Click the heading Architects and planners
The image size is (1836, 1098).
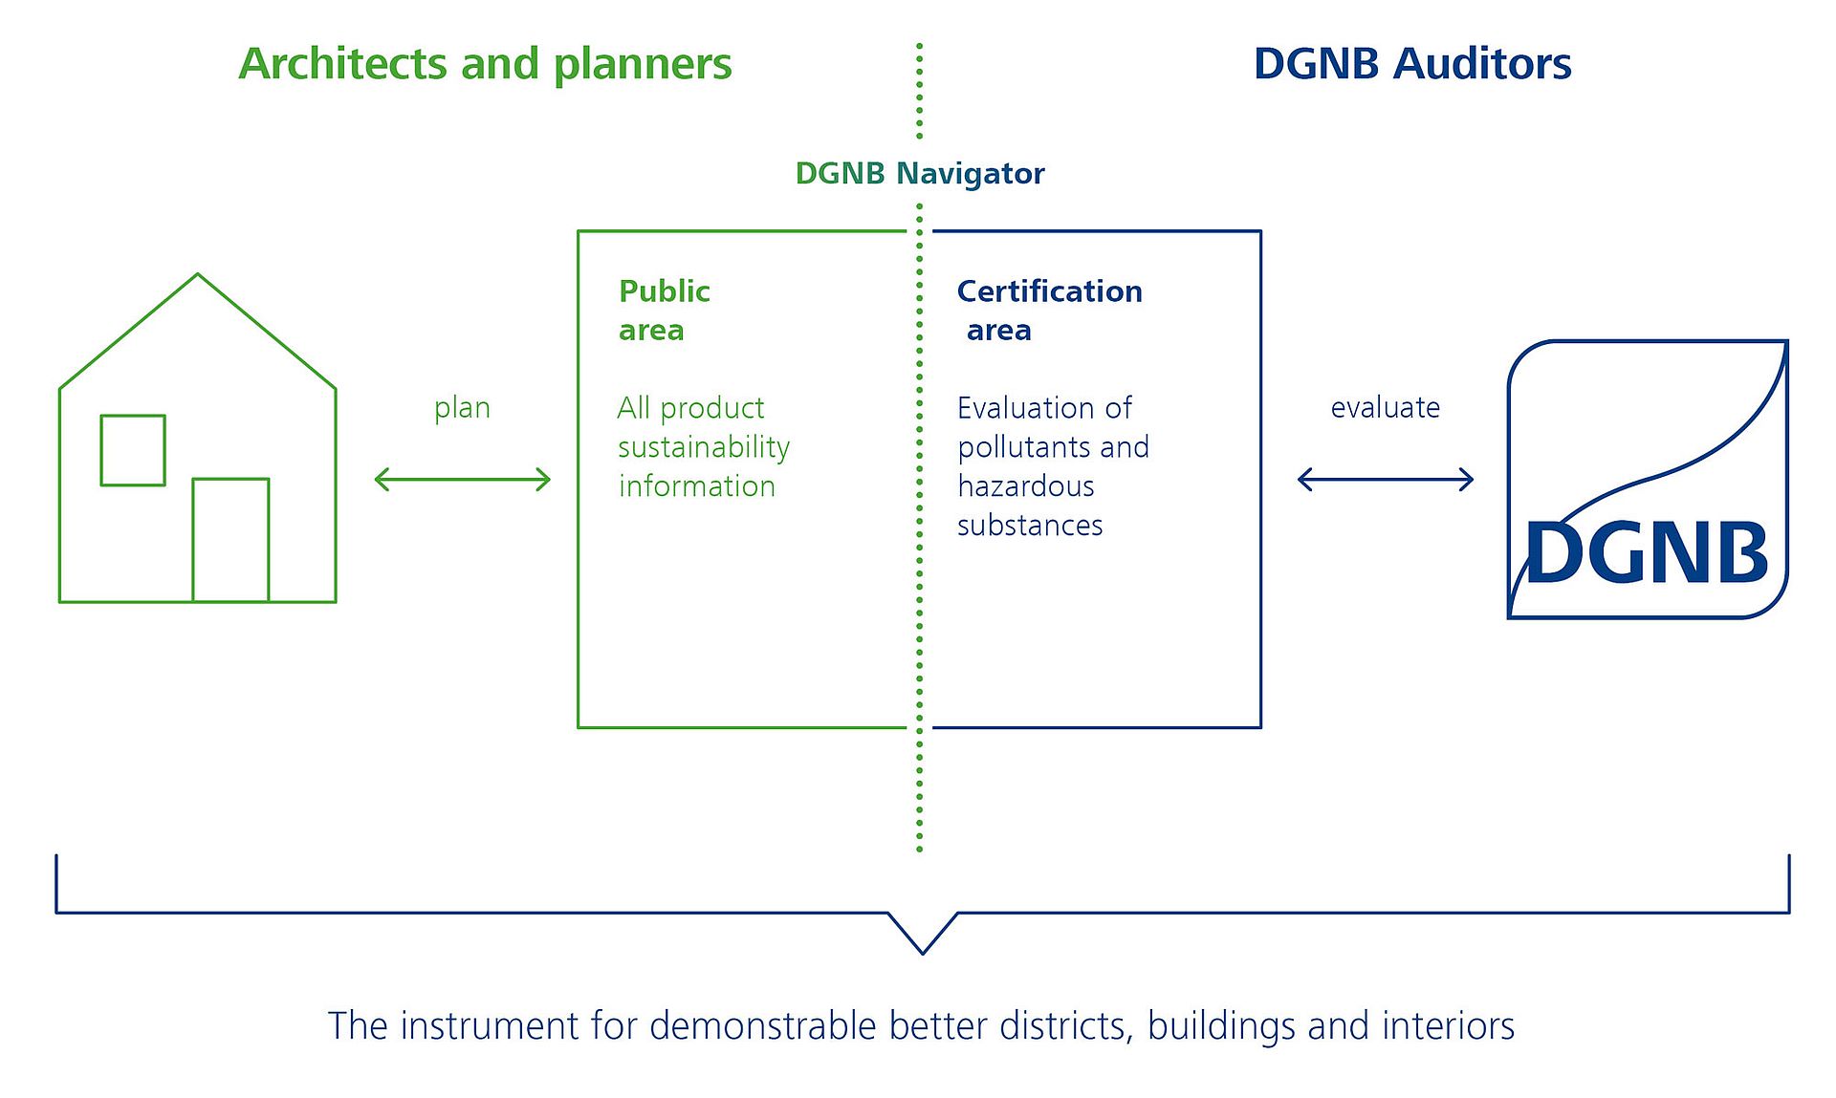point(485,64)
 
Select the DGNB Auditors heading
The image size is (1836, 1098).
point(1411,64)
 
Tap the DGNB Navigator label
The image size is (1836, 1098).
point(919,173)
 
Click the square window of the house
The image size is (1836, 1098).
point(133,450)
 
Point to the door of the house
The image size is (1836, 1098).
point(230,540)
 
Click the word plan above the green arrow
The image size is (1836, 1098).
point(462,408)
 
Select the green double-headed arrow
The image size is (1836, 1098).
point(462,479)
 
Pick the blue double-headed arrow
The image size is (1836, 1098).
point(1385,479)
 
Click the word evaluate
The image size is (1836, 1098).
point(1385,407)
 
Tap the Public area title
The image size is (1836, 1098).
point(664,310)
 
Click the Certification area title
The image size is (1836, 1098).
point(1049,310)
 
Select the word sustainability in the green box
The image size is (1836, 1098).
point(704,447)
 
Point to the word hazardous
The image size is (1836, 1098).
point(1025,486)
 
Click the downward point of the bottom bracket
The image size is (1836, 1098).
point(923,950)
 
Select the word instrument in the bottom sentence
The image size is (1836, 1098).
point(490,1025)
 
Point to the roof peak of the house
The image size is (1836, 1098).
point(198,276)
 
